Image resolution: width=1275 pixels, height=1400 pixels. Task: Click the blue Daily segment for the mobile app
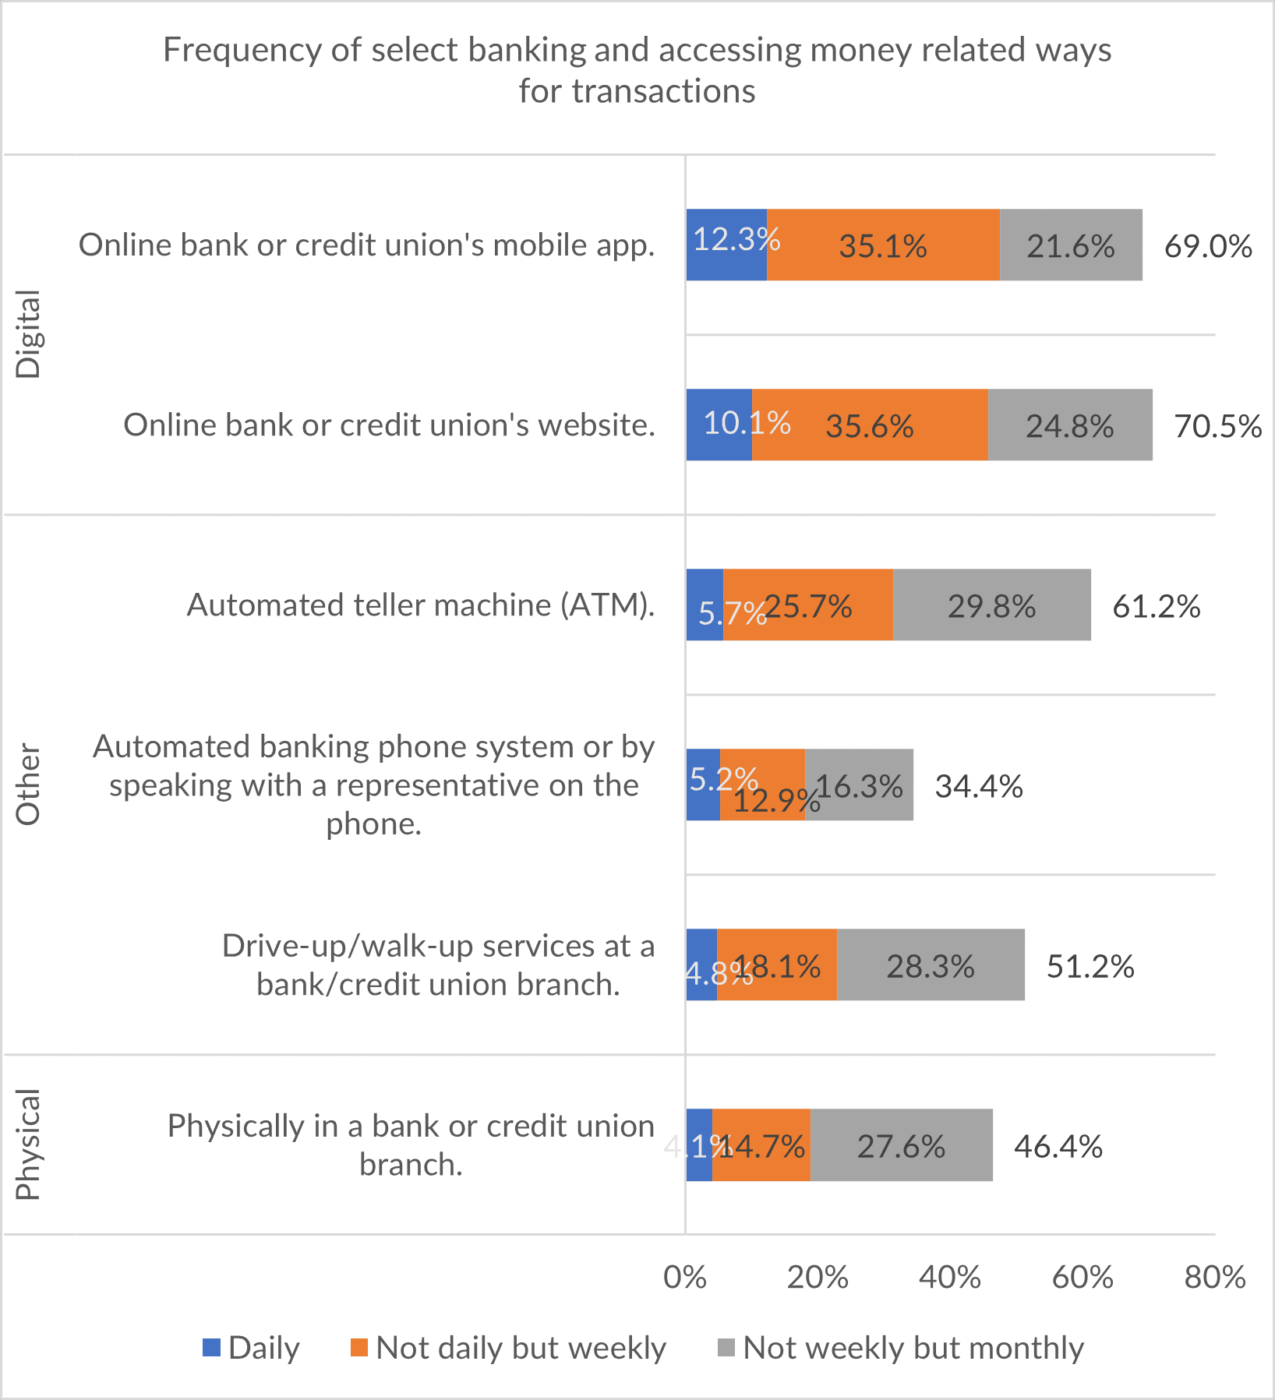[726, 245]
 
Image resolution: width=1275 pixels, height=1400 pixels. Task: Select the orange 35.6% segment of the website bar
[870, 425]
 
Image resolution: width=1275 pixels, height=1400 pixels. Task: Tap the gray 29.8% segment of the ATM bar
[991, 605]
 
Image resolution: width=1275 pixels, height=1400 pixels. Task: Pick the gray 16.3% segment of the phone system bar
[859, 785]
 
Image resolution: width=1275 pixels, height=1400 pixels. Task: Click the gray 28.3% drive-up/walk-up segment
[931, 965]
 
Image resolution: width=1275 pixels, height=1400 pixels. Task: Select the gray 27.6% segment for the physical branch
[901, 1145]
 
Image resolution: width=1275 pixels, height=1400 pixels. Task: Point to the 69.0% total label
[1208, 246]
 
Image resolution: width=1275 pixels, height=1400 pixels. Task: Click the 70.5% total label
[1217, 426]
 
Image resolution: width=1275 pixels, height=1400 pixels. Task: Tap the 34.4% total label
[979, 786]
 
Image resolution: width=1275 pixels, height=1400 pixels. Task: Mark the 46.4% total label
[1058, 1146]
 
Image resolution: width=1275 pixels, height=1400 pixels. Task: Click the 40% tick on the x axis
[950, 1278]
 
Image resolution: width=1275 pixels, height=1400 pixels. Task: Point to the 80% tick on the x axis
[1215, 1278]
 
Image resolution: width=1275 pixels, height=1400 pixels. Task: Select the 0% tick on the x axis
[685, 1278]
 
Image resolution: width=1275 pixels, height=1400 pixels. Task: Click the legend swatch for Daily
[211, 1347]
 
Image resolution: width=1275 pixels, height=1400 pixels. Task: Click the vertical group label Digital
[28, 334]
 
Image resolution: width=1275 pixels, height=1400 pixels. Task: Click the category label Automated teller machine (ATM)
[421, 605]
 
